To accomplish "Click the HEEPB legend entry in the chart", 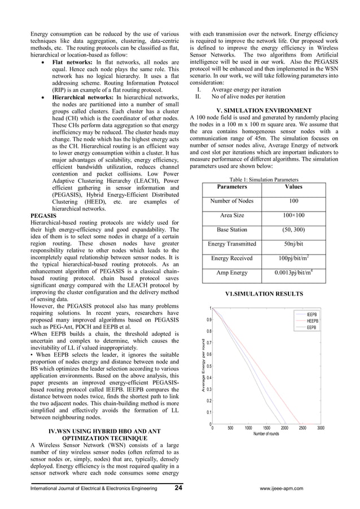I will pos(311,321).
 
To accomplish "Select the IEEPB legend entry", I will pos(311,314).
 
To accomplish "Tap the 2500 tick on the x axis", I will pos(302,428).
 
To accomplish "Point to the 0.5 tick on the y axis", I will pos(208,366).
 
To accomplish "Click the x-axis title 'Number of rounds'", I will pos(266,434).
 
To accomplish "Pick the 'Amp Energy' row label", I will pos(232,273).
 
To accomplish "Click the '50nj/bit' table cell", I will pos(293,244).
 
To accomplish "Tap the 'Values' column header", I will pos(293,186).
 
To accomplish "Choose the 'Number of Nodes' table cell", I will pos(232,201).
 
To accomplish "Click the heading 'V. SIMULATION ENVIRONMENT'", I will pos(263,110).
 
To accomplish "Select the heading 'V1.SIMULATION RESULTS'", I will pos(263,294).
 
